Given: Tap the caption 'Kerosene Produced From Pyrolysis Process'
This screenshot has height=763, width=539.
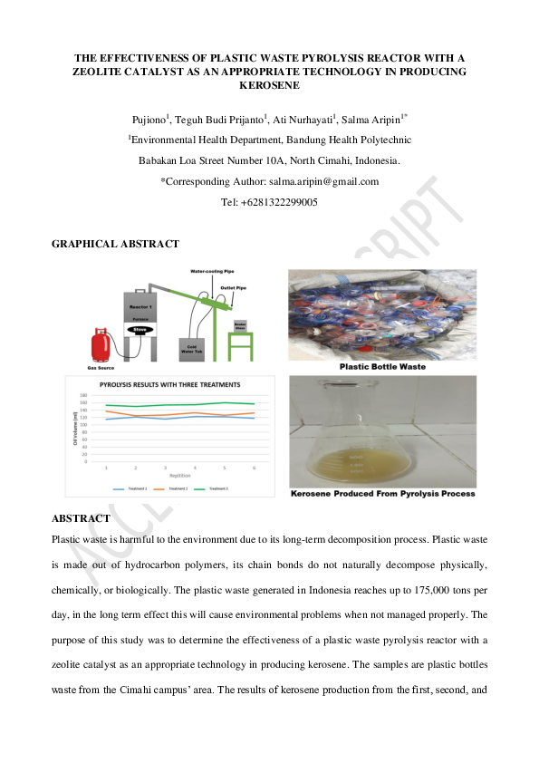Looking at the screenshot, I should tap(382, 494).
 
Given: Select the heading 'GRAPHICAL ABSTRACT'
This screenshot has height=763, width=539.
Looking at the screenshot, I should tap(115, 244).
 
